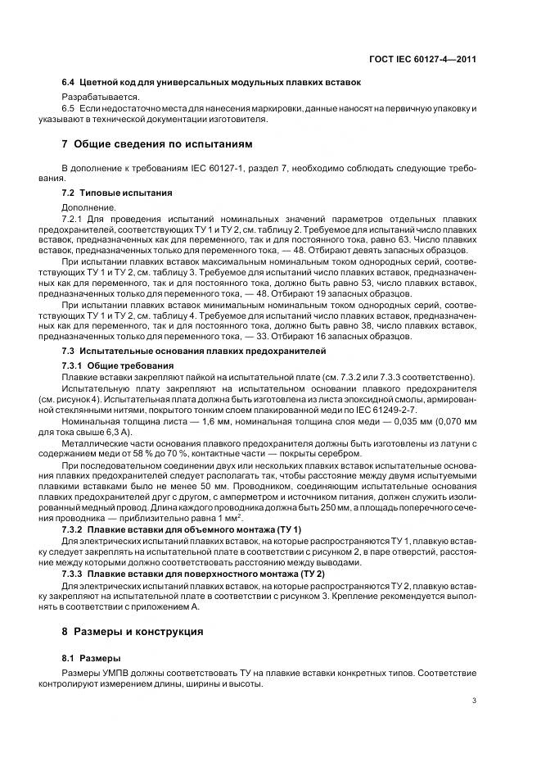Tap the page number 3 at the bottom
pos(475,701)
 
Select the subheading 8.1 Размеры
pos(92,659)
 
